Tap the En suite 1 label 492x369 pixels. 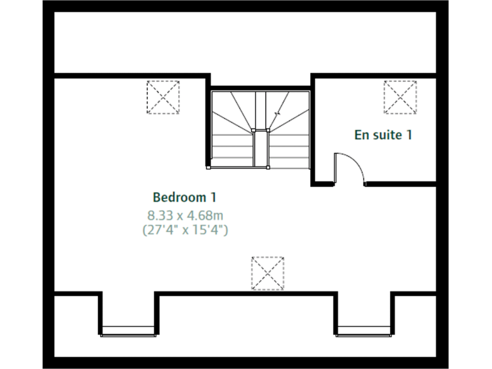pyautogui.click(x=383, y=135)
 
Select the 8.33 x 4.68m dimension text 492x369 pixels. pyautogui.click(x=184, y=214)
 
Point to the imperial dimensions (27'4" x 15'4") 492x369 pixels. pyautogui.click(x=184, y=229)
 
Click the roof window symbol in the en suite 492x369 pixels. pyautogui.click(x=400, y=97)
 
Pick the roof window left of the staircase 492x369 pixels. pyautogui.click(x=163, y=97)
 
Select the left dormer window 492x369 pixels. pyautogui.click(x=128, y=330)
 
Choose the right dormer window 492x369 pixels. pyautogui.click(x=364, y=330)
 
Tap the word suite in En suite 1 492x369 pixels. pyautogui.click(x=386, y=135)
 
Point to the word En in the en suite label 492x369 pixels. pyautogui.click(x=361, y=135)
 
